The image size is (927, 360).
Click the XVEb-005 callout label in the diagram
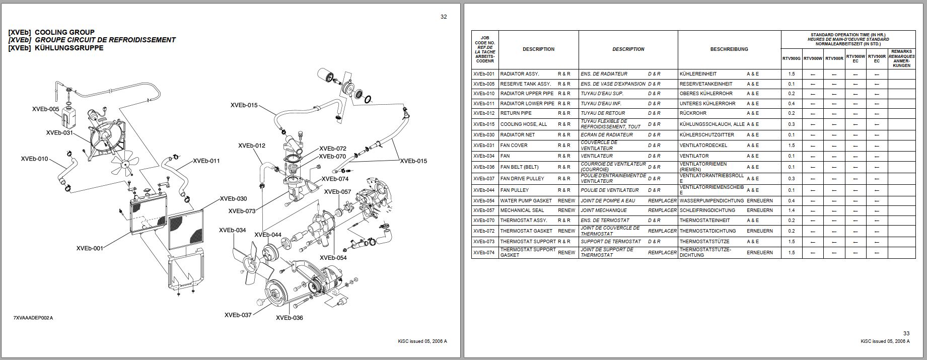46,109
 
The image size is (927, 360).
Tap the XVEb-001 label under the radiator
90,248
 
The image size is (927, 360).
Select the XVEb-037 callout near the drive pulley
238,315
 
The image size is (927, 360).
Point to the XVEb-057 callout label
337,192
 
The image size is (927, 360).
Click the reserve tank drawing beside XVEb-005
68,117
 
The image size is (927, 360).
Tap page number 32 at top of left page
443,17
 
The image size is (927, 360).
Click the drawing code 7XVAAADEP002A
33,318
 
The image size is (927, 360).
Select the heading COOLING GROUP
64,32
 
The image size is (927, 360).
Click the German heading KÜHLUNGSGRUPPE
69,48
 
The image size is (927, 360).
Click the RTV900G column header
792,59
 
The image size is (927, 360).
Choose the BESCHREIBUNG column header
729,49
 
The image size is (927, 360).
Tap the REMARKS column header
901,59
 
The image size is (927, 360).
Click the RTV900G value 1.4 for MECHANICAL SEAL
792,210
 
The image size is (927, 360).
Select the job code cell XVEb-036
484,167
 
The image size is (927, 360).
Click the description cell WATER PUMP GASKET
526,201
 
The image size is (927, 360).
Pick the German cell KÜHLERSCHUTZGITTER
706,135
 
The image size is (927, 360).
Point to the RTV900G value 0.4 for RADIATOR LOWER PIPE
792,104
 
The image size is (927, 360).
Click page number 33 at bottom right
906,333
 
